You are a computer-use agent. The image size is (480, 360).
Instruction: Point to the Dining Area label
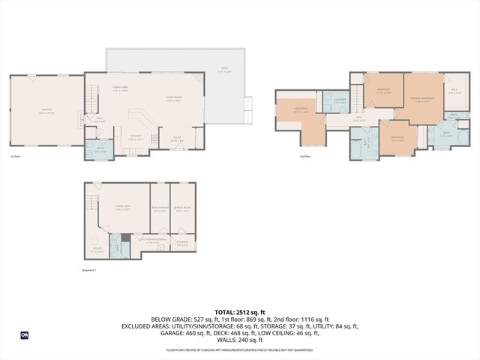(121, 90)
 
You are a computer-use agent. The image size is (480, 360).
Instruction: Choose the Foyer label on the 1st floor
(177, 138)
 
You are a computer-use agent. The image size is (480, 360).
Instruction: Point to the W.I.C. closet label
(454, 91)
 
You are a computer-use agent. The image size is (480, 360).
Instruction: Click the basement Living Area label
(122, 209)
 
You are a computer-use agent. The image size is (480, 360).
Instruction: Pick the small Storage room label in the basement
(182, 242)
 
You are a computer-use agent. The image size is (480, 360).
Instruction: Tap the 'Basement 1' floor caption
(90, 270)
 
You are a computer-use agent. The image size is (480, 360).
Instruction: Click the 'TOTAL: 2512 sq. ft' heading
(240, 311)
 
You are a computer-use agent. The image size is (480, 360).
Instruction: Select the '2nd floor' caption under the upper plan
(304, 156)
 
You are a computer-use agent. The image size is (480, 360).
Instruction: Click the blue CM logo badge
(24, 335)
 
